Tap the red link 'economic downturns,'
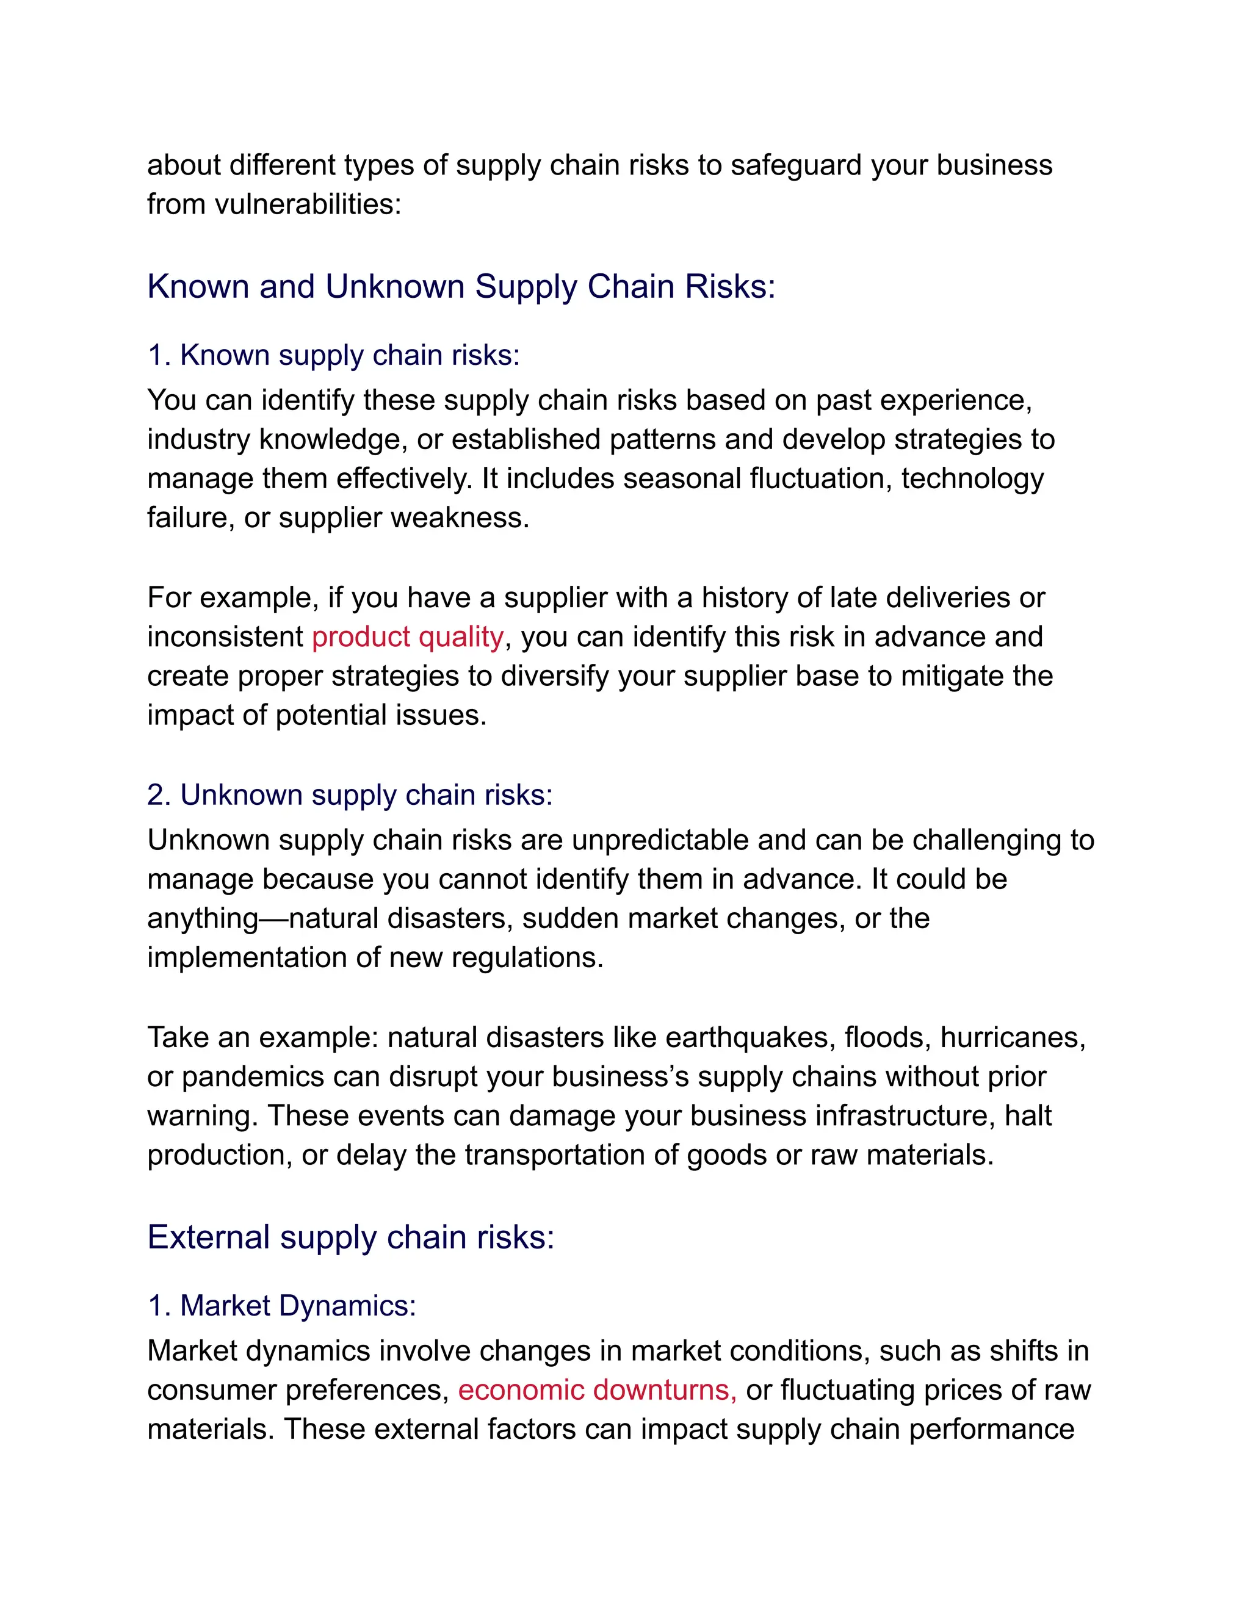[x=597, y=1391]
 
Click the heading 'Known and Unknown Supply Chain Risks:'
[x=461, y=287]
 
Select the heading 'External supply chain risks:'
[x=351, y=1237]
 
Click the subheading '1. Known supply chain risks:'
[x=333, y=355]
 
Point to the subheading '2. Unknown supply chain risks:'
[x=350, y=795]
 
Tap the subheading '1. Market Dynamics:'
[x=281, y=1306]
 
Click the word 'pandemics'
[x=253, y=1077]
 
